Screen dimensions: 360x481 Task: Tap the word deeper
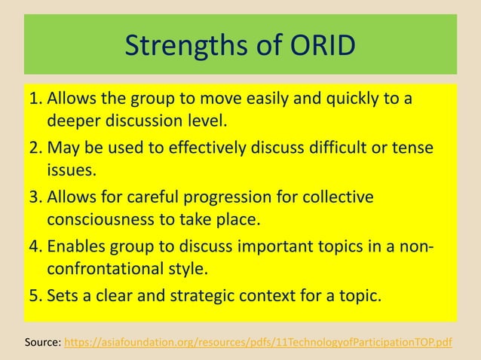coord(76,121)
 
